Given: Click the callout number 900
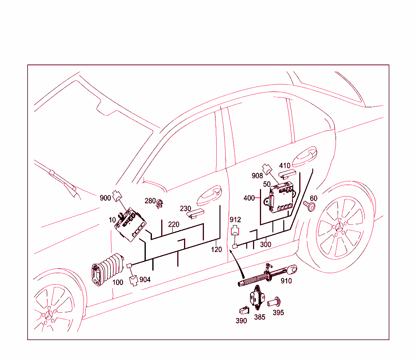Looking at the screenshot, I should click(x=105, y=198).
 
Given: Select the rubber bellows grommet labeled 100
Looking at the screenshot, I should click(x=106, y=270).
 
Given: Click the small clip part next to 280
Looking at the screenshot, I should click(x=160, y=202).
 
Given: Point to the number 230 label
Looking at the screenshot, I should click(x=185, y=208).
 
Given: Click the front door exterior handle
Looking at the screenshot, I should click(x=209, y=196).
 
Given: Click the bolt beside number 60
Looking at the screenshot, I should click(x=310, y=206).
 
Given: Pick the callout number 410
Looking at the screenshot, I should click(x=285, y=166).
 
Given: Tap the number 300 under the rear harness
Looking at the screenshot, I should click(x=266, y=245).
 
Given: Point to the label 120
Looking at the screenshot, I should click(x=217, y=249).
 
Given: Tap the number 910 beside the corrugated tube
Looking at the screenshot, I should click(x=286, y=281).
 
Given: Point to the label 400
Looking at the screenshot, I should click(x=249, y=198).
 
